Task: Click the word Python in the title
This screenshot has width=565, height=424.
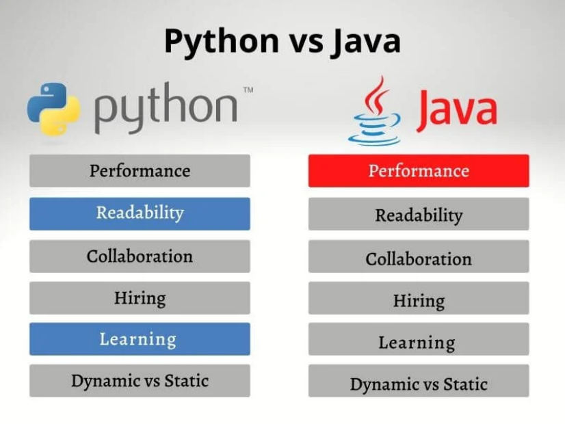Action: [222, 42]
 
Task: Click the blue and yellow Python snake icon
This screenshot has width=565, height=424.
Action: [53, 109]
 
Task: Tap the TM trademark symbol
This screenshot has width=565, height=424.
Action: [248, 90]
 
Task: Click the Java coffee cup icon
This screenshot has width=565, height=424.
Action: [375, 111]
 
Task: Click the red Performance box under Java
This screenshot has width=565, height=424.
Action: [419, 171]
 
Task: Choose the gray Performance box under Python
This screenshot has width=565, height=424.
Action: [140, 171]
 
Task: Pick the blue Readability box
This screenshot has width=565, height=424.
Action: [140, 213]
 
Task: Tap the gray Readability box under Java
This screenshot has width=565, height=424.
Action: [419, 213]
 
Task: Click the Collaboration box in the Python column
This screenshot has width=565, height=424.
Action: [140, 256]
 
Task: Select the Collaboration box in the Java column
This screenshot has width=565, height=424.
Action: [419, 256]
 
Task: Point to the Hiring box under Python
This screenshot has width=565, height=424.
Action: [140, 298]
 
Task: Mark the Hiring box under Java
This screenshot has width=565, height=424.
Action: [419, 298]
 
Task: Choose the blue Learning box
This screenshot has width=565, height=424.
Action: [140, 339]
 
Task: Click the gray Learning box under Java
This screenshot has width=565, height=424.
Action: [419, 339]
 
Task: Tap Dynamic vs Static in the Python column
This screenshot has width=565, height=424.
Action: [140, 381]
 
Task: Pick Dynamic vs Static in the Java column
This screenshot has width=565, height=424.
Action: [419, 381]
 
